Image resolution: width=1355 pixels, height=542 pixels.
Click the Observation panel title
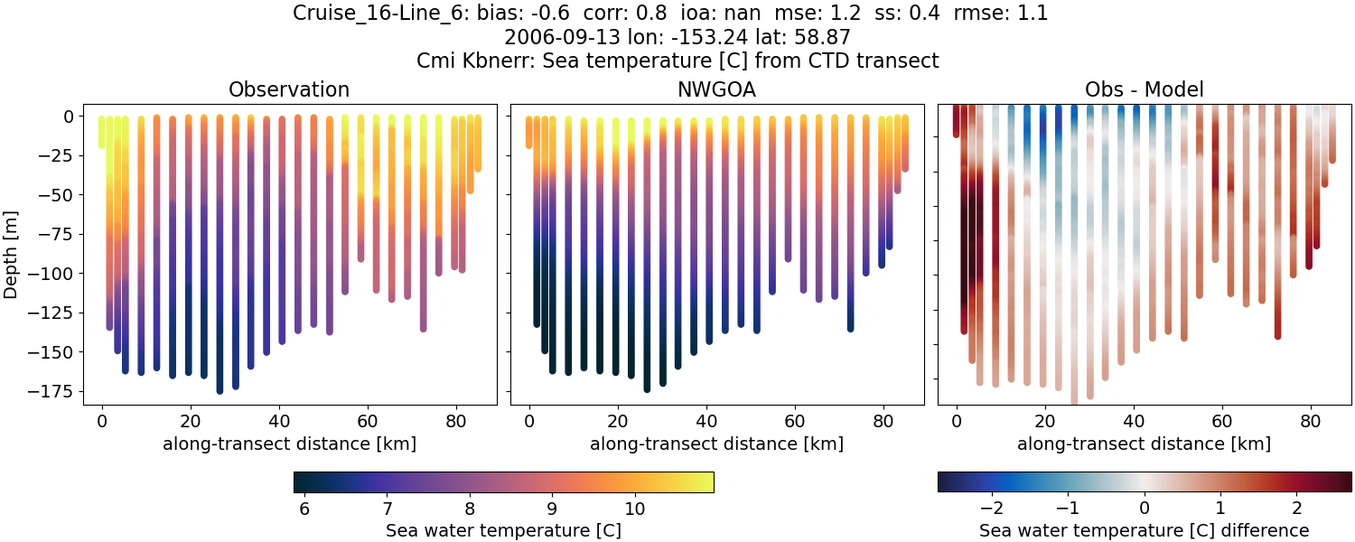click(289, 89)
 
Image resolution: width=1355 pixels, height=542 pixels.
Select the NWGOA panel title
click(717, 89)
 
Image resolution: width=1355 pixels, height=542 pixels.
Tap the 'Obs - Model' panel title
click(1145, 89)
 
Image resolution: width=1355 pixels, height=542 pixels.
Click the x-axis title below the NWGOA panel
click(717, 444)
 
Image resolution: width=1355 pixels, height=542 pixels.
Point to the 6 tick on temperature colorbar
click(304, 508)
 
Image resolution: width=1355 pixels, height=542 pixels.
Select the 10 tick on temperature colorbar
click(634, 508)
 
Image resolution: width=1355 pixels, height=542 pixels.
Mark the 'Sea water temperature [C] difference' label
click(1145, 530)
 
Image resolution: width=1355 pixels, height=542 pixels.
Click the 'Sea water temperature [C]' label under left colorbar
click(503, 530)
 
